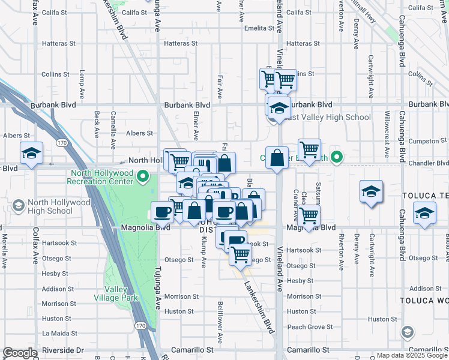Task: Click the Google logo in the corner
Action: point(20,353)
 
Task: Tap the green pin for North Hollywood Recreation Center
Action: point(143,176)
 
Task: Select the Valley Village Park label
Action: point(116,293)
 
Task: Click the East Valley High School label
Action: point(328,118)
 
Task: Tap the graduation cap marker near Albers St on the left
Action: point(32,154)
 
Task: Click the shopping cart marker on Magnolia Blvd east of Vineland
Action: point(309,216)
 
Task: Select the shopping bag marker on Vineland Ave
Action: point(277,159)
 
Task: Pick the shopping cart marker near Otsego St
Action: point(241,254)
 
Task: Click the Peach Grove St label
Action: point(310,327)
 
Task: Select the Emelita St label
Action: point(259,28)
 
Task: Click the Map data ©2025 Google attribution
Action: point(412,355)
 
